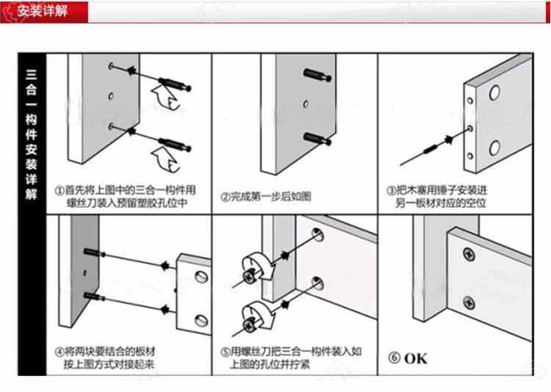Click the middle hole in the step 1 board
click(110, 95)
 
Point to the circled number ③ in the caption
click(392, 189)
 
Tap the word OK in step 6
click(415, 359)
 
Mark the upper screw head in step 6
click(469, 255)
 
